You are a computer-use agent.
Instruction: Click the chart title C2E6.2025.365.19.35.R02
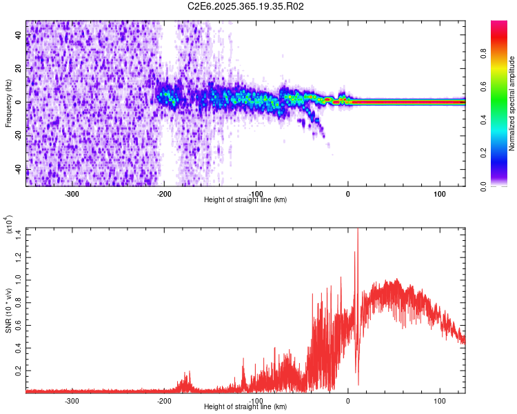pyautogui.click(x=246, y=6)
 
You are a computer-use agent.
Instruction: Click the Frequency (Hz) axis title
pyautogui.click(x=8, y=102)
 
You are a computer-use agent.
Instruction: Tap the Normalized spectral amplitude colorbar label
pyautogui.click(x=512, y=103)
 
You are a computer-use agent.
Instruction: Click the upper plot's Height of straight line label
pyautogui.click(x=245, y=199)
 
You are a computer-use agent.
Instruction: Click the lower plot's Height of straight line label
pyautogui.click(x=245, y=406)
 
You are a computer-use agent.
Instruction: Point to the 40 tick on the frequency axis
pyautogui.click(x=19, y=35)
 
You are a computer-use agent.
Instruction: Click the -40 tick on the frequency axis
pyautogui.click(x=17, y=170)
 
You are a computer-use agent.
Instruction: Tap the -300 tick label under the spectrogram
pyautogui.click(x=72, y=193)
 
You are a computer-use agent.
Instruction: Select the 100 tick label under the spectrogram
pyautogui.click(x=439, y=193)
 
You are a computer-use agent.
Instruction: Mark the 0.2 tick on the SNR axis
pyautogui.click(x=19, y=371)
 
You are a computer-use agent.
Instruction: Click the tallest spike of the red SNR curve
pyautogui.click(x=358, y=231)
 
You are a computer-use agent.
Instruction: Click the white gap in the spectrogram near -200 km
pyautogui.click(x=168, y=55)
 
